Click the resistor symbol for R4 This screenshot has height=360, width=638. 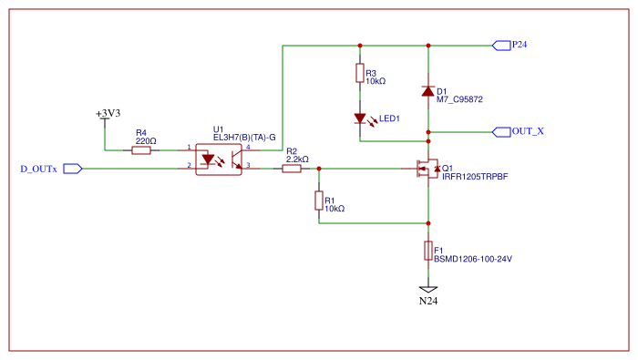[x=141, y=150]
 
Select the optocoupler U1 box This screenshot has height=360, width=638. [x=220, y=159]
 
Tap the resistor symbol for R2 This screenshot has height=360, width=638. [x=292, y=169]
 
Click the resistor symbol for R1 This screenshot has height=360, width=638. [x=319, y=200]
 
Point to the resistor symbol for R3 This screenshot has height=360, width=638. [x=361, y=74]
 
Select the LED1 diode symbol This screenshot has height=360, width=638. [x=361, y=118]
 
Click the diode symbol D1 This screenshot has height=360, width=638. [x=427, y=91]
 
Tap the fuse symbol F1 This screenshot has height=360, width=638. [x=427, y=251]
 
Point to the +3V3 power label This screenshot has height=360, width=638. [x=108, y=114]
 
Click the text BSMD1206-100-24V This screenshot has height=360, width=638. [x=472, y=259]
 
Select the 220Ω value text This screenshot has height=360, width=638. [x=146, y=141]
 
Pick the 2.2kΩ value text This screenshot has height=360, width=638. [x=297, y=159]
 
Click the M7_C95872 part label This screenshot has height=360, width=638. [x=459, y=98]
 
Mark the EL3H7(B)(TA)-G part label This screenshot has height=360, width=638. [x=243, y=137]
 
